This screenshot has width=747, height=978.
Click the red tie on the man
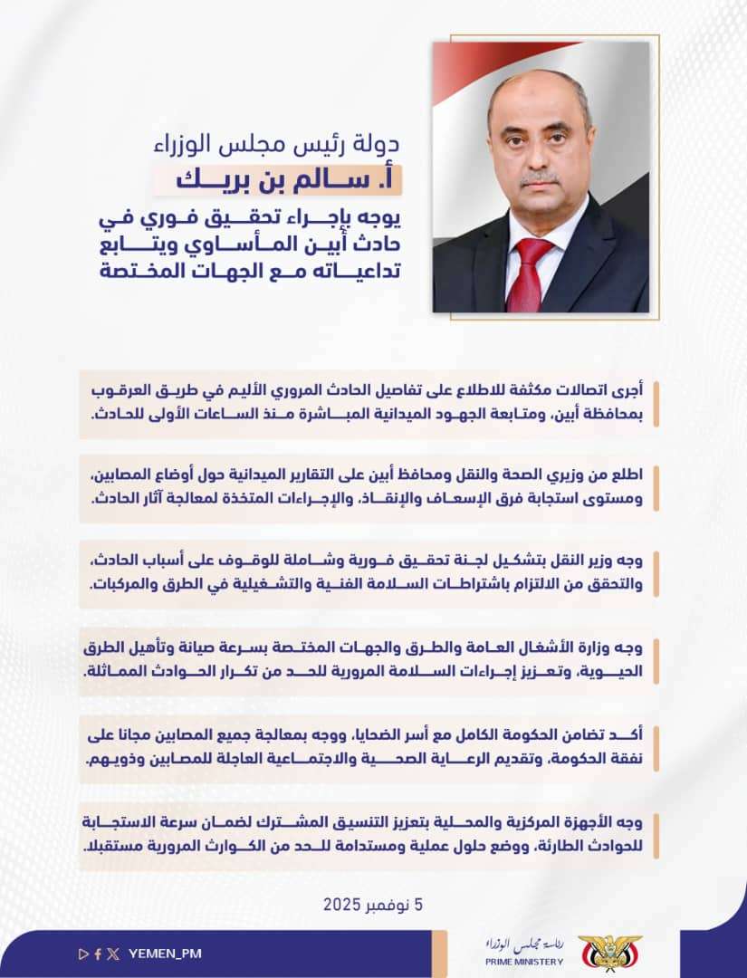pos(529,273)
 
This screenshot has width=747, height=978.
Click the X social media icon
pos(112,953)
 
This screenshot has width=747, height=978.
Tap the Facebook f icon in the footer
pos(98,953)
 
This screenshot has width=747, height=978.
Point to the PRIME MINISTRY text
pos(523,962)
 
